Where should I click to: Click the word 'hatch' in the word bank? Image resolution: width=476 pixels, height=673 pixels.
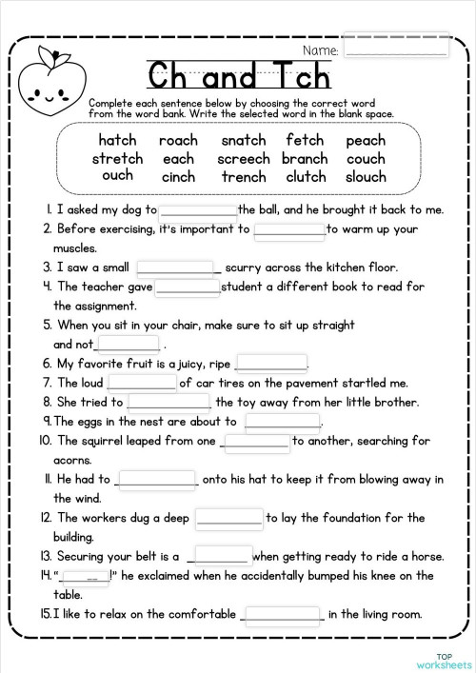(x=117, y=140)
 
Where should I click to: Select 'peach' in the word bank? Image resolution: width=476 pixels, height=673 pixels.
(x=366, y=140)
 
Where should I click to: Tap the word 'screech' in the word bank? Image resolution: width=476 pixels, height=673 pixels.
(x=244, y=158)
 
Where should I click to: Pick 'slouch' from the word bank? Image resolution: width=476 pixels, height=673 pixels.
(x=366, y=176)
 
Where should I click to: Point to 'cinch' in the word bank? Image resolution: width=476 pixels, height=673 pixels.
(x=178, y=176)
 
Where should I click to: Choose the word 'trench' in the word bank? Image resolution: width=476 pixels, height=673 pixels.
(x=244, y=176)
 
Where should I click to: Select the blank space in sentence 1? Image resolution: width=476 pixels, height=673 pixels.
(x=198, y=210)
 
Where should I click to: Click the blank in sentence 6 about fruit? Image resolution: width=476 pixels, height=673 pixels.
(x=271, y=363)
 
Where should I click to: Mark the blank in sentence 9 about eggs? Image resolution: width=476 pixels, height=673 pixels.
(x=283, y=421)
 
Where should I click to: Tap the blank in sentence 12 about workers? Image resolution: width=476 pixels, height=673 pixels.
(x=228, y=518)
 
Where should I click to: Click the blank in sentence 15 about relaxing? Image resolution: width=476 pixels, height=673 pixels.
(x=283, y=614)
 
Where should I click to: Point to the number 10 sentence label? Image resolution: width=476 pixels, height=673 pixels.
(x=45, y=441)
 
